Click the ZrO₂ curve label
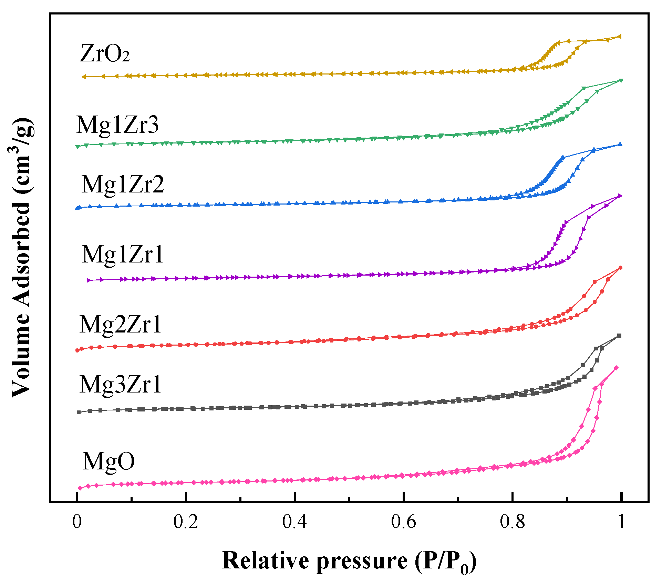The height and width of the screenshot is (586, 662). (x=104, y=54)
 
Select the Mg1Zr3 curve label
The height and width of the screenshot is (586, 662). (x=117, y=125)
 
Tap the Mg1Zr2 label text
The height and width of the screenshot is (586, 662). (x=123, y=185)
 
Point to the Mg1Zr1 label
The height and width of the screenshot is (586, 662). (x=123, y=255)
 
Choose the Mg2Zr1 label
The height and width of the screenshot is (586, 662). (x=120, y=325)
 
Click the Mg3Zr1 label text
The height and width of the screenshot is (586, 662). (x=120, y=385)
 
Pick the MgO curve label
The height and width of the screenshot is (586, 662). (x=108, y=461)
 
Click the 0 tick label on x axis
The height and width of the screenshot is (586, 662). (x=77, y=522)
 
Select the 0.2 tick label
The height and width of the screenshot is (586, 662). (x=186, y=522)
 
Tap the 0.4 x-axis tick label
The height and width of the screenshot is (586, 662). (x=294, y=522)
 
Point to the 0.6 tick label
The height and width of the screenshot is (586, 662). (x=403, y=522)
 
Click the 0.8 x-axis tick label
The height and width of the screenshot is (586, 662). (x=512, y=522)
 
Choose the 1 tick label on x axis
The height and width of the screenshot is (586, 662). (x=621, y=522)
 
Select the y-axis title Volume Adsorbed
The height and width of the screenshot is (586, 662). (x=21, y=257)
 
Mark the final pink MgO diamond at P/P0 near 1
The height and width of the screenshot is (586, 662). (x=616, y=368)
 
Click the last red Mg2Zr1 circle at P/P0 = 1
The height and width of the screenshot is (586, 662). (x=620, y=268)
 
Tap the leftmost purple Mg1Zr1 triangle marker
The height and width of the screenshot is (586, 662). (x=89, y=280)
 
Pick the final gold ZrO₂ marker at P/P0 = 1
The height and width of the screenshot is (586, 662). (x=620, y=36)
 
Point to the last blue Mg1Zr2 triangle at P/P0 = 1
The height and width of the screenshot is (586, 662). (x=620, y=144)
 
